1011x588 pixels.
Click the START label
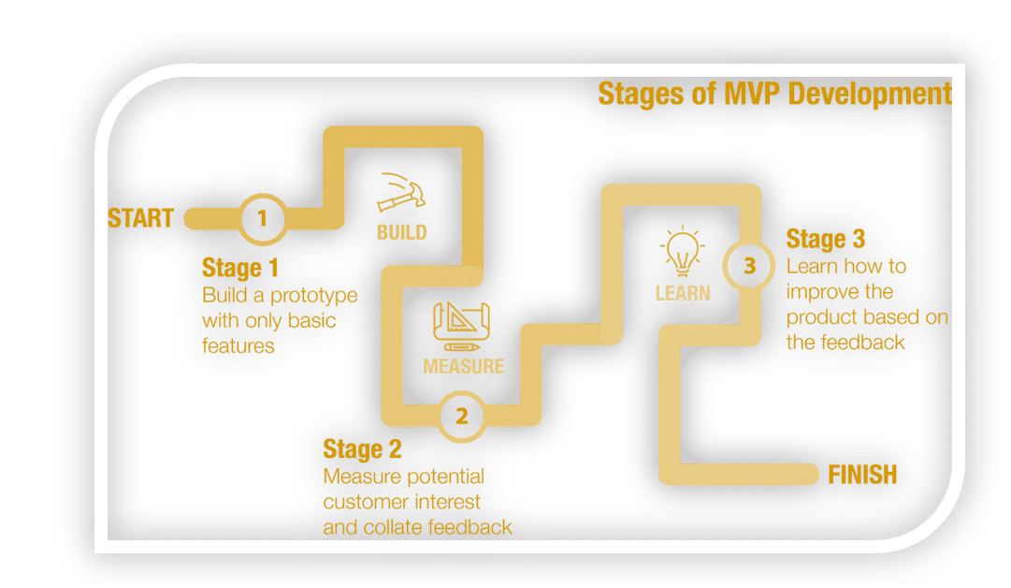[x=140, y=218]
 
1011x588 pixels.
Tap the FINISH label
[x=861, y=475]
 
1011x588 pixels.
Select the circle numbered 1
[x=262, y=219]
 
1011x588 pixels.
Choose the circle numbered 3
[x=749, y=266]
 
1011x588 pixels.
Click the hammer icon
[x=401, y=192]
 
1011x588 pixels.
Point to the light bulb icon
[x=682, y=250]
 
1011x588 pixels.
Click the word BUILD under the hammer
[x=401, y=232]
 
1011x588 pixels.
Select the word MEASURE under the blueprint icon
[x=463, y=365]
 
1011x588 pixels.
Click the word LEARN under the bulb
[x=682, y=293]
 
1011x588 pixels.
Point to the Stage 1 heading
[x=240, y=268]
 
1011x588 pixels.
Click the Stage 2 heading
[x=362, y=449]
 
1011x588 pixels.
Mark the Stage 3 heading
[x=826, y=239]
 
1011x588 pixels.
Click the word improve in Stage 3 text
[x=820, y=291]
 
